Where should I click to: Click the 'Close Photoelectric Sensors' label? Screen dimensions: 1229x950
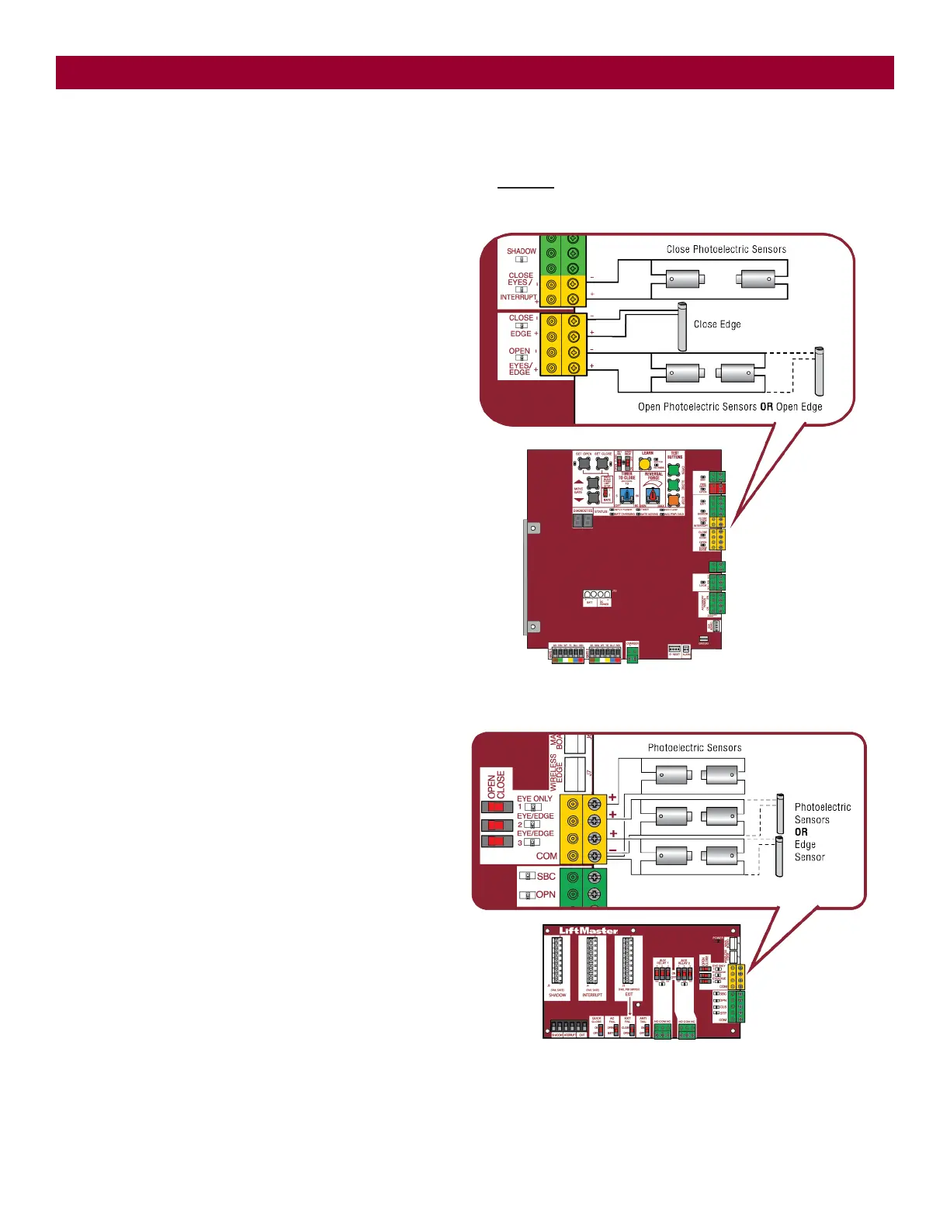[x=726, y=249]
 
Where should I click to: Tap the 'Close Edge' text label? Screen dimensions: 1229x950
[x=716, y=324]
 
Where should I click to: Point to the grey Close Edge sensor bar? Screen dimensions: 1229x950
[x=682, y=327]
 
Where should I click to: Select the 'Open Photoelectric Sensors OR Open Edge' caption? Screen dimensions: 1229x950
[x=730, y=407]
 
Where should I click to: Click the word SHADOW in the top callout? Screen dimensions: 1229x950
[x=521, y=251]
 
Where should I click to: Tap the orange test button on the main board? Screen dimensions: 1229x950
[x=674, y=501]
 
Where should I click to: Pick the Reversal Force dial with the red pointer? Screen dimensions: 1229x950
[x=654, y=494]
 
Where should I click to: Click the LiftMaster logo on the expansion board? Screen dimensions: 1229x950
[x=588, y=931]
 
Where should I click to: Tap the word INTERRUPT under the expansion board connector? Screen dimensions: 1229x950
[x=592, y=995]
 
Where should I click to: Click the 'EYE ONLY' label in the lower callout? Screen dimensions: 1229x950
[x=535, y=798]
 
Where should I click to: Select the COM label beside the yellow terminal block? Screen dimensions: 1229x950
[x=546, y=856]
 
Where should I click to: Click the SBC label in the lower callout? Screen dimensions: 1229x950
[x=546, y=876]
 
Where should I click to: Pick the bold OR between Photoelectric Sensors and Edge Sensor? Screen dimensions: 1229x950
[x=801, y=832]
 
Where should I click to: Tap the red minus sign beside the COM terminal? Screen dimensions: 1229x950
[x=612, y=851]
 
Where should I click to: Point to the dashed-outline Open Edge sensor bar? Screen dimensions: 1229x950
[x=819, y=372]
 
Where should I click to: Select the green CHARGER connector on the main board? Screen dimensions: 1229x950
[x=633, y=656]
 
